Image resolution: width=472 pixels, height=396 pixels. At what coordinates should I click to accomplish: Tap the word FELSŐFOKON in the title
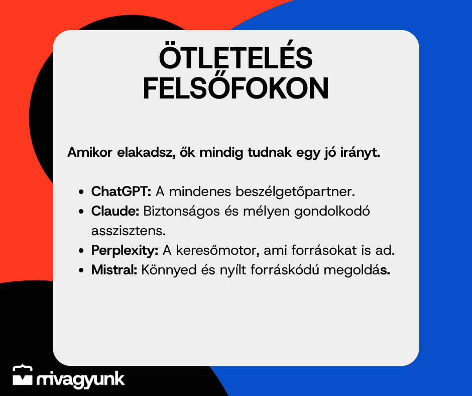tap(235, 88)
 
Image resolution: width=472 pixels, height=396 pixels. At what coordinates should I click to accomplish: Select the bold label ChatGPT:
tap(121, 191)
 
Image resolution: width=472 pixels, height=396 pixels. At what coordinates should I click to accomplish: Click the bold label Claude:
tap(115, 211)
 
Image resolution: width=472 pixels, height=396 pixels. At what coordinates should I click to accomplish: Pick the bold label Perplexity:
tap(125, 251)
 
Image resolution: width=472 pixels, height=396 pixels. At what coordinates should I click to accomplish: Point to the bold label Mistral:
tap(114, 270)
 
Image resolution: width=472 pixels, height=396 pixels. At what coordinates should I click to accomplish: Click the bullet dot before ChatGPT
tap(81, 192)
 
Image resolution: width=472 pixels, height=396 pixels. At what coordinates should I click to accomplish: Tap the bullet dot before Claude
tap(81, 212)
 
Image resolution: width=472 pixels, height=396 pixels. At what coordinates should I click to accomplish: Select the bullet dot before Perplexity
tap(81, 251)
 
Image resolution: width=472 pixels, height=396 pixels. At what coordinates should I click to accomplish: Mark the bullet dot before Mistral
tap(81, 270)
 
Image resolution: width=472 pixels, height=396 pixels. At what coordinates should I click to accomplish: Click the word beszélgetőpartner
tap(295, 192)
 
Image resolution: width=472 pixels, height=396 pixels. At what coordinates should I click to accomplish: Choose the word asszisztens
tap(129, 231)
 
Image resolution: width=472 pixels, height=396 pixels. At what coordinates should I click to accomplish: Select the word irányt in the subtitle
tap(361, 153)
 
